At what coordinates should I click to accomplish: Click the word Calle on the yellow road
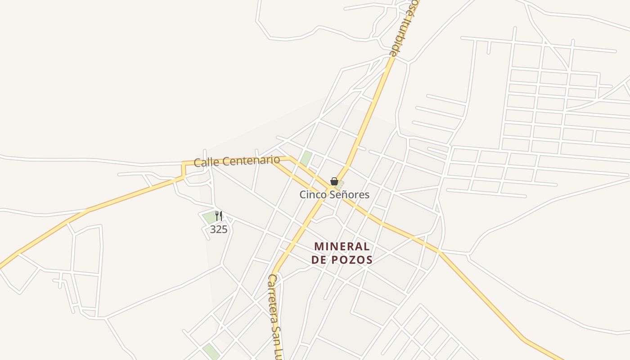pos(205,162)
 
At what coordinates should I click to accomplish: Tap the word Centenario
pos(248,160)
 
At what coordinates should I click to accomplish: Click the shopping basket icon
pos(334,181)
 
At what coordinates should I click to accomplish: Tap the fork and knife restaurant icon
pos(219,216)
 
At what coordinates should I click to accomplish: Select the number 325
pos(219,229)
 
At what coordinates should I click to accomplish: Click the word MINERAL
pos(342,247)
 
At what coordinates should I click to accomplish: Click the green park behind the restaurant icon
pos(209,217)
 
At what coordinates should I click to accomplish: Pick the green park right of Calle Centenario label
pos(306,158)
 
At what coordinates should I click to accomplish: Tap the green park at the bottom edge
pos(210,351)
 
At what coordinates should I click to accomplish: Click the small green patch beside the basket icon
pos(341,184)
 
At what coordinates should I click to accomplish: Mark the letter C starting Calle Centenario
pos(197,162)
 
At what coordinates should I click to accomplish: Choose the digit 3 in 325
pos(213,229)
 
